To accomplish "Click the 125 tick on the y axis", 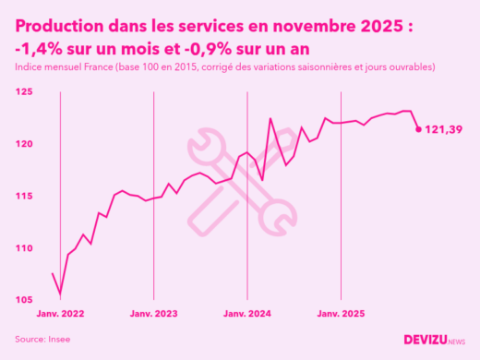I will click(23, 92).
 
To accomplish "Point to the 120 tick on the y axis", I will click(23, 144).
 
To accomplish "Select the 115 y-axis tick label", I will click(23, 197).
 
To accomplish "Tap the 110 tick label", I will click(23, 248).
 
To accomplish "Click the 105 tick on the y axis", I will click(23, 300).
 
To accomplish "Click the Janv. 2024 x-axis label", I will click(246, 314).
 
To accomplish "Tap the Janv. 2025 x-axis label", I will click(341, 314).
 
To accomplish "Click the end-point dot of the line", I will click(419, 129).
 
